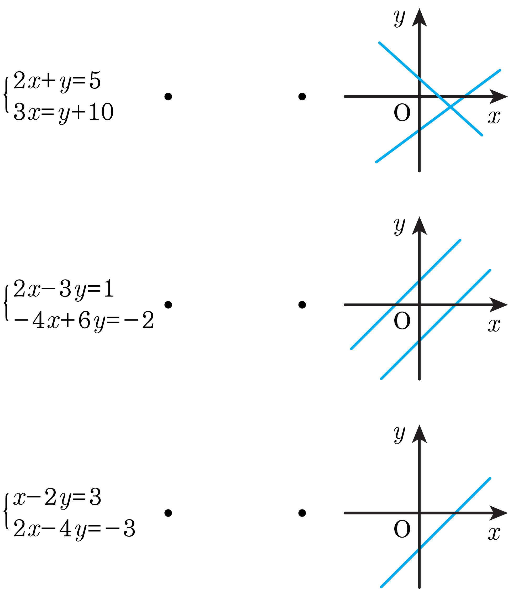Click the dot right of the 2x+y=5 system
tap(168, 97)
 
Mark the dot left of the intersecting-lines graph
tap(302, 97)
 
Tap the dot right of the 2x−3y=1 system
tap(168, 305)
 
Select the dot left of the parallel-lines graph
tap(302, 305)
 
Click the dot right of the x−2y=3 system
tap(168, 513)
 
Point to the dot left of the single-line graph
tap(302, 513)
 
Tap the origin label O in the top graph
tap(402, 113)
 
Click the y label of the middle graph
tap(400, 226)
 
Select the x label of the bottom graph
tap(494, 533)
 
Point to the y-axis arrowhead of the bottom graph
tap(419, 434)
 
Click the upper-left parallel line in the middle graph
tap(406, 294)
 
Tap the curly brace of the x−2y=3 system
tap(6, 511)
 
